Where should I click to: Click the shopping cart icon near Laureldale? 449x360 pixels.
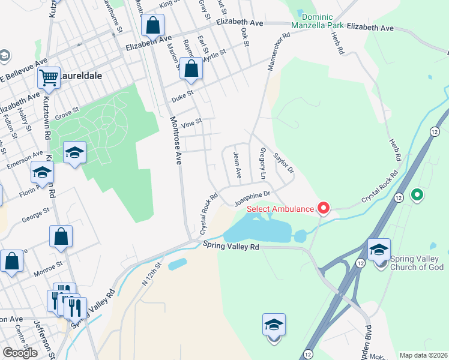point(49,77)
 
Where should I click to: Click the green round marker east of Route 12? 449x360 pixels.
point(417,195)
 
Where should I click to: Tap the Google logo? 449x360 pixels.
point(20,353)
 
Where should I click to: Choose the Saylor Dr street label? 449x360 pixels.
point(284,163)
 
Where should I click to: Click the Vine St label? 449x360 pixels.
point(193,122)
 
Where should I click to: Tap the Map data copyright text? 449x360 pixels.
point(423,355)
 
